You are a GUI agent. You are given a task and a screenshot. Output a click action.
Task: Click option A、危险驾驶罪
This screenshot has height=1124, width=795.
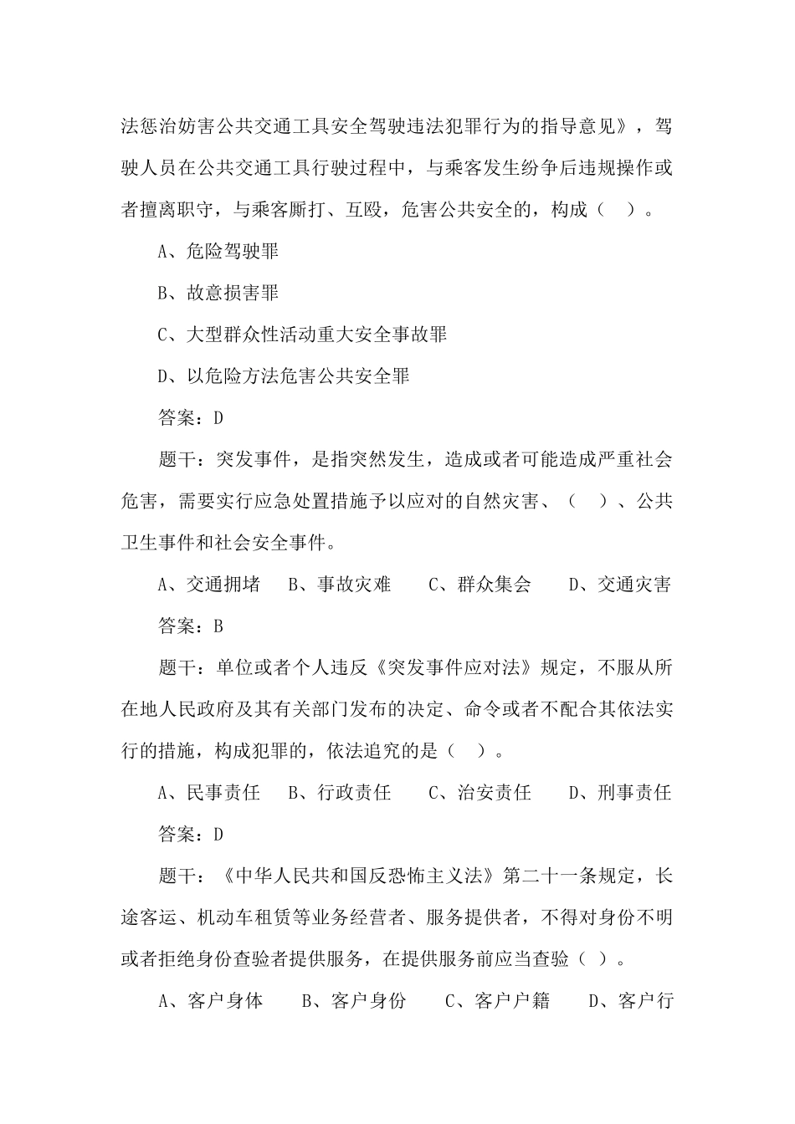point(218,252)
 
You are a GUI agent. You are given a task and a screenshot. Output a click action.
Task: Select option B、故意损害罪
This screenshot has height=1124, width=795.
point(218,294)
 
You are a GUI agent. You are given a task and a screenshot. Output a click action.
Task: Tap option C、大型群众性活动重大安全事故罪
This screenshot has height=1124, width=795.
point(302,335)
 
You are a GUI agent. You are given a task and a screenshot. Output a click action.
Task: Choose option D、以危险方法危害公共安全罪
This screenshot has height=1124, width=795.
point(284,376)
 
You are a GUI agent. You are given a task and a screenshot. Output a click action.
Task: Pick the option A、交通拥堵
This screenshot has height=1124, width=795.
point(209,585)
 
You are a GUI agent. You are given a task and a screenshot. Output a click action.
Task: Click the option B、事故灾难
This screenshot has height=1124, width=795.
point(340,585)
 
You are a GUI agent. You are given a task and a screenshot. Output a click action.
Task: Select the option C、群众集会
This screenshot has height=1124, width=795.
point(480,585)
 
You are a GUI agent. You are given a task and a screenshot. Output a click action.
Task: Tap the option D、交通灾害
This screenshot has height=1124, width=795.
point(620,585)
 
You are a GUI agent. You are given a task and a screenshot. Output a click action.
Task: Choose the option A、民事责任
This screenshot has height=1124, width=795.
point(209,793)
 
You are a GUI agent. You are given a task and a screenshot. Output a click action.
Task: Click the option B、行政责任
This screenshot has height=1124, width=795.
point(340,793)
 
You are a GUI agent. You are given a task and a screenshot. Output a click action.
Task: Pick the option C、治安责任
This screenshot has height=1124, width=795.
point(480,793)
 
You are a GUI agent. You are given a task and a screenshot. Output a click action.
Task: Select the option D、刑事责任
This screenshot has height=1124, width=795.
point(620,793)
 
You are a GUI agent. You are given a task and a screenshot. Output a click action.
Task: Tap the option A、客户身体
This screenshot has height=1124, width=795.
point(211,1000)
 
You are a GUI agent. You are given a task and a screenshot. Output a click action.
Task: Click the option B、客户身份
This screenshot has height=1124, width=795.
point(354,1000)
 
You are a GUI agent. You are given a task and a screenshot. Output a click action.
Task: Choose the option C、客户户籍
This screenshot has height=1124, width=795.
point(497,1000)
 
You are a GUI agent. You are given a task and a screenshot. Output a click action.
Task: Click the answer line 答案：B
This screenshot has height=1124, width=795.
point(191,626)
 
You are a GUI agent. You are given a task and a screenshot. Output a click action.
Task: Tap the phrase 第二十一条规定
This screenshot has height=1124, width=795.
point(569,876)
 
